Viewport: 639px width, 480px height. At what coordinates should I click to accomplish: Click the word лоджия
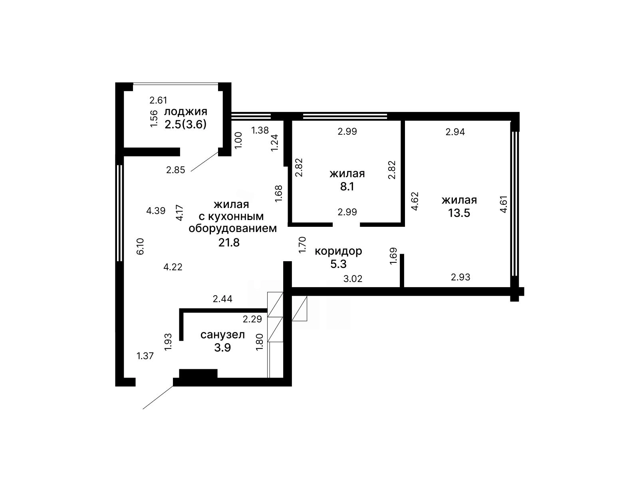pyautogui.click(x=185, y=112)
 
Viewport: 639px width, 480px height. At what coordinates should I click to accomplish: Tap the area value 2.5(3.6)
pyautogui.click(x=185, y=124)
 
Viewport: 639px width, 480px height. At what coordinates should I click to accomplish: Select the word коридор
pyautogui.click(x=338, y=251)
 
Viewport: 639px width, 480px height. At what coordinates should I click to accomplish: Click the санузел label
pyautogui.click(x=223, y=335)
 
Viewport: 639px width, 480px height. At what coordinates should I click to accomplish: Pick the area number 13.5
pyautogui.click(x=459, y=213)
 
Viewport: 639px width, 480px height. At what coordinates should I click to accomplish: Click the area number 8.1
pyautogui.click(x=347, y=186)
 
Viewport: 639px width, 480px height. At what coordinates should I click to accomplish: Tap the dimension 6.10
pyautogui.click(x=140, y=246)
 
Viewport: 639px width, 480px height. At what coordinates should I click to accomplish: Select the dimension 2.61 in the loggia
pyautogui.click(x=159, y=100)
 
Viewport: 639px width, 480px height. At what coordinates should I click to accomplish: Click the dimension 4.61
pyautogui.click(x=503, y=204)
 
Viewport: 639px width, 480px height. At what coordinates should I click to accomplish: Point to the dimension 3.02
pyautogui.click(x=353, y=279)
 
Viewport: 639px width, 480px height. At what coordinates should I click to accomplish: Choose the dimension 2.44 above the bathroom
pyautogui.click(x=222, y=299)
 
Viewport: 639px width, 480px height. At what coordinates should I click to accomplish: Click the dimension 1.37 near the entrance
pyautogui.click(x=145, y=356)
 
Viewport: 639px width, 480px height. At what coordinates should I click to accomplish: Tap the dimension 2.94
pyautogui.click(x=455, y=132)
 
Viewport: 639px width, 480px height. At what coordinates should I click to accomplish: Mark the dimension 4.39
pyautogui.click(x=156, y=211)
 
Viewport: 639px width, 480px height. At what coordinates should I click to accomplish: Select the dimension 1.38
pyautogui.click(x=260, y=130)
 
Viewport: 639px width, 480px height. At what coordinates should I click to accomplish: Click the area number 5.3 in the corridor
pyautogui.click(x=338, y=264)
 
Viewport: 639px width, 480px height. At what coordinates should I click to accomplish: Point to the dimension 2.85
pyautogui.click(x=176, y=170)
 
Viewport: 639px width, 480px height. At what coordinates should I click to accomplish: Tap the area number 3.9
pyautogui.click(x=222, y=348)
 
